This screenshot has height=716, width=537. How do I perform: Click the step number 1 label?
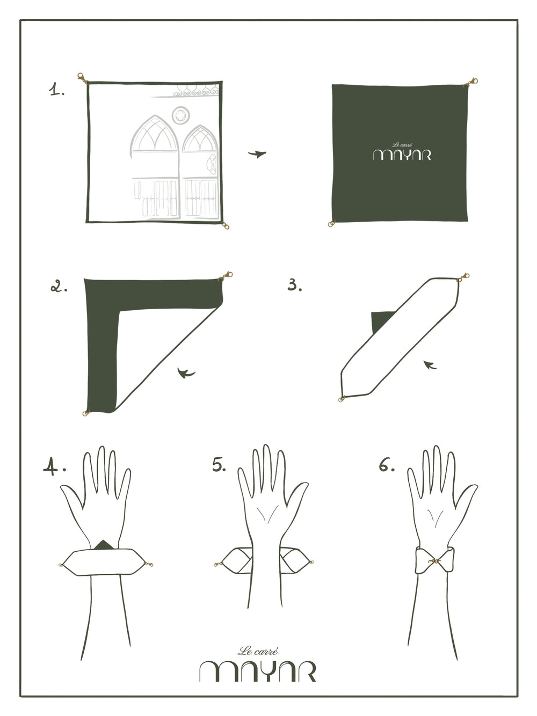click(x=56, y=90)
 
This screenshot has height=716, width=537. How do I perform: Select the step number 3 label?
click(x=294, y=284)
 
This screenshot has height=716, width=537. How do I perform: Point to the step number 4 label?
click(x=54, y=466)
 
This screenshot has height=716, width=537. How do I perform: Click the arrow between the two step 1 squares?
click(x=257, y=154)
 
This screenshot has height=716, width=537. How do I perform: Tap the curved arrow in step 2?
click(x=186, y=372)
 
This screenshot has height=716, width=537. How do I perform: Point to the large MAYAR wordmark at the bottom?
click(x=258, y=671)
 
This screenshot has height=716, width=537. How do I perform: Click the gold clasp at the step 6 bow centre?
click(x=434, y=561)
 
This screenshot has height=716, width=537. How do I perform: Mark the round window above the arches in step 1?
click(x=181, y=115)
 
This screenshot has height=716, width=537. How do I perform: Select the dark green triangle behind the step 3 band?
click(x=382, y=322)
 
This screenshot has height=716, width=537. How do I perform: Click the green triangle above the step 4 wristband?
click(x=104, y=544)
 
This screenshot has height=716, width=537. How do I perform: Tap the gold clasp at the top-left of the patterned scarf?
click(x=82, y=78)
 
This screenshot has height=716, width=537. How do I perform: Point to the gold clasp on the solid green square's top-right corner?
click(x=471, y=82)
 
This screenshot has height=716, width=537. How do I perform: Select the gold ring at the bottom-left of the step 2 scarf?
click(x=86, y=413)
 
